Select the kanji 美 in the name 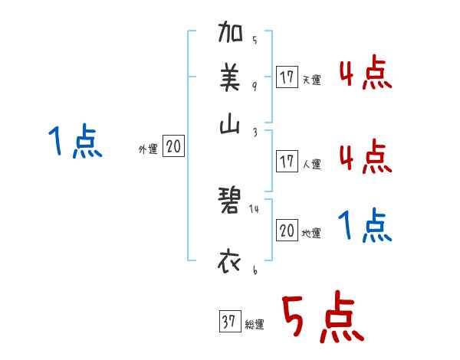click(231, 77)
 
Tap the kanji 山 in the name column click(231, 127)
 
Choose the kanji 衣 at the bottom click(231, 261)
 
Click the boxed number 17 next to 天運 click(287, 77)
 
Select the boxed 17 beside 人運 click(287, 162)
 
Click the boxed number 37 click(228, 322)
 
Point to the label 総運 click(254, 325)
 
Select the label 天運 click(310, 80)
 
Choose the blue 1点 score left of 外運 click(74, 142)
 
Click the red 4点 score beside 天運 click(365, 74)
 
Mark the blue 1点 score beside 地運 click(365, 227)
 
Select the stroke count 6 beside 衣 click(254, 270)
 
